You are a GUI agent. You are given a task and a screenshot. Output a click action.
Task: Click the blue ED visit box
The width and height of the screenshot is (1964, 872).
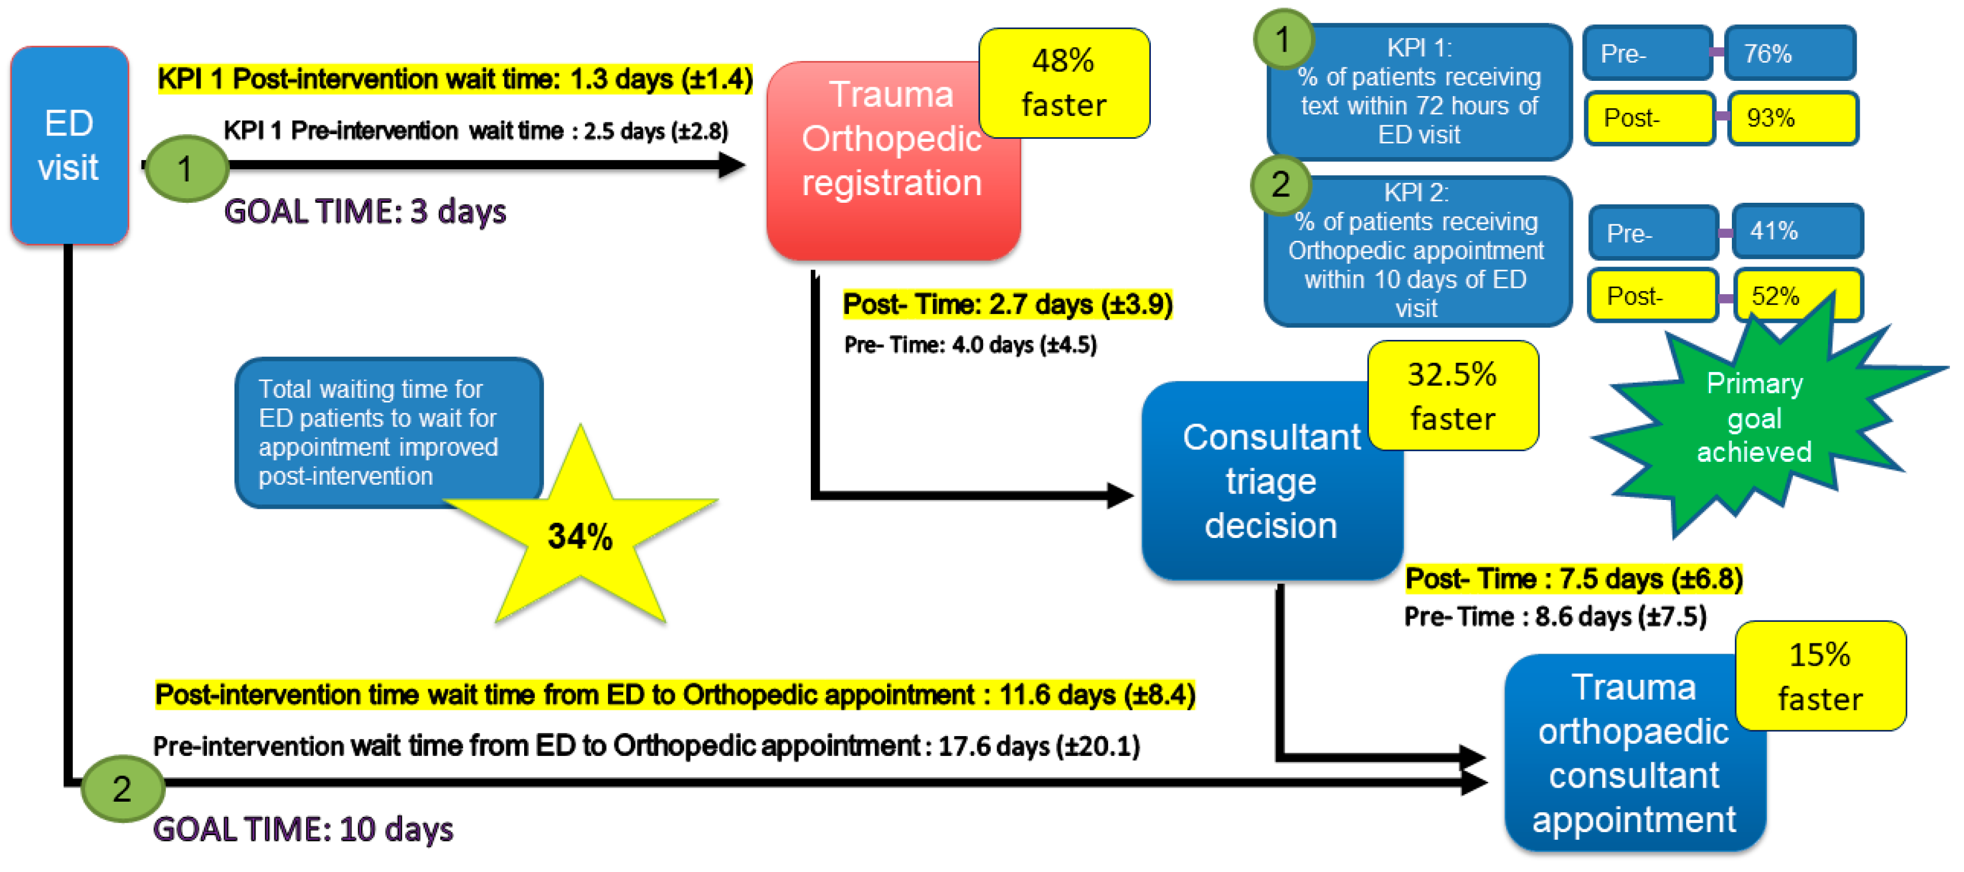pyautogui.click(x=69, y=145)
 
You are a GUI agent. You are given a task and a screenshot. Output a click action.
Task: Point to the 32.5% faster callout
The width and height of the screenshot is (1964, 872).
pyautogui.click(x=1452, y=396)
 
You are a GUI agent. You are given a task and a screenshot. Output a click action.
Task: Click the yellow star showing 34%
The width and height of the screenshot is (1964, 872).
pyautogui.click(x=580, y=536)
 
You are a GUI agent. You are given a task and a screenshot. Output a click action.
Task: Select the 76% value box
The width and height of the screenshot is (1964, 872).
pyautogui.click(x=1789, y=53)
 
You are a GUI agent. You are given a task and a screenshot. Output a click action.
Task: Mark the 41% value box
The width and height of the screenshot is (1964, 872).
pyautogui.click(x=1796, y=231)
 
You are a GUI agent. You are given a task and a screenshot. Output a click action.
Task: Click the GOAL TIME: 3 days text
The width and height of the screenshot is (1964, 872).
pyautogui.click(x=365, y=211)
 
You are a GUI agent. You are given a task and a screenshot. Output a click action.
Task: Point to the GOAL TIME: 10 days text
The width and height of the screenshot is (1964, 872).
pyautogui.click(x=303, y=829)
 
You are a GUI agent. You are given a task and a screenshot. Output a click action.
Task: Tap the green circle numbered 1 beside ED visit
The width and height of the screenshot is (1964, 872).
pyautogui.click(x=185, y=168)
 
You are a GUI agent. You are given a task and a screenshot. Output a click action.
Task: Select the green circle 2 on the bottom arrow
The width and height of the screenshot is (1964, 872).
pyautogui.click(x=122, y=788)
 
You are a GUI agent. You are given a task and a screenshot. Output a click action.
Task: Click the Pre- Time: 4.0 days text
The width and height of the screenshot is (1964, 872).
pyautogui.click(x=970, y=345)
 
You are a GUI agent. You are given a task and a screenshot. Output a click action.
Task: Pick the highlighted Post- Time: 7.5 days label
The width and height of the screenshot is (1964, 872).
pyautogui.click(x=1574, y=578)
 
